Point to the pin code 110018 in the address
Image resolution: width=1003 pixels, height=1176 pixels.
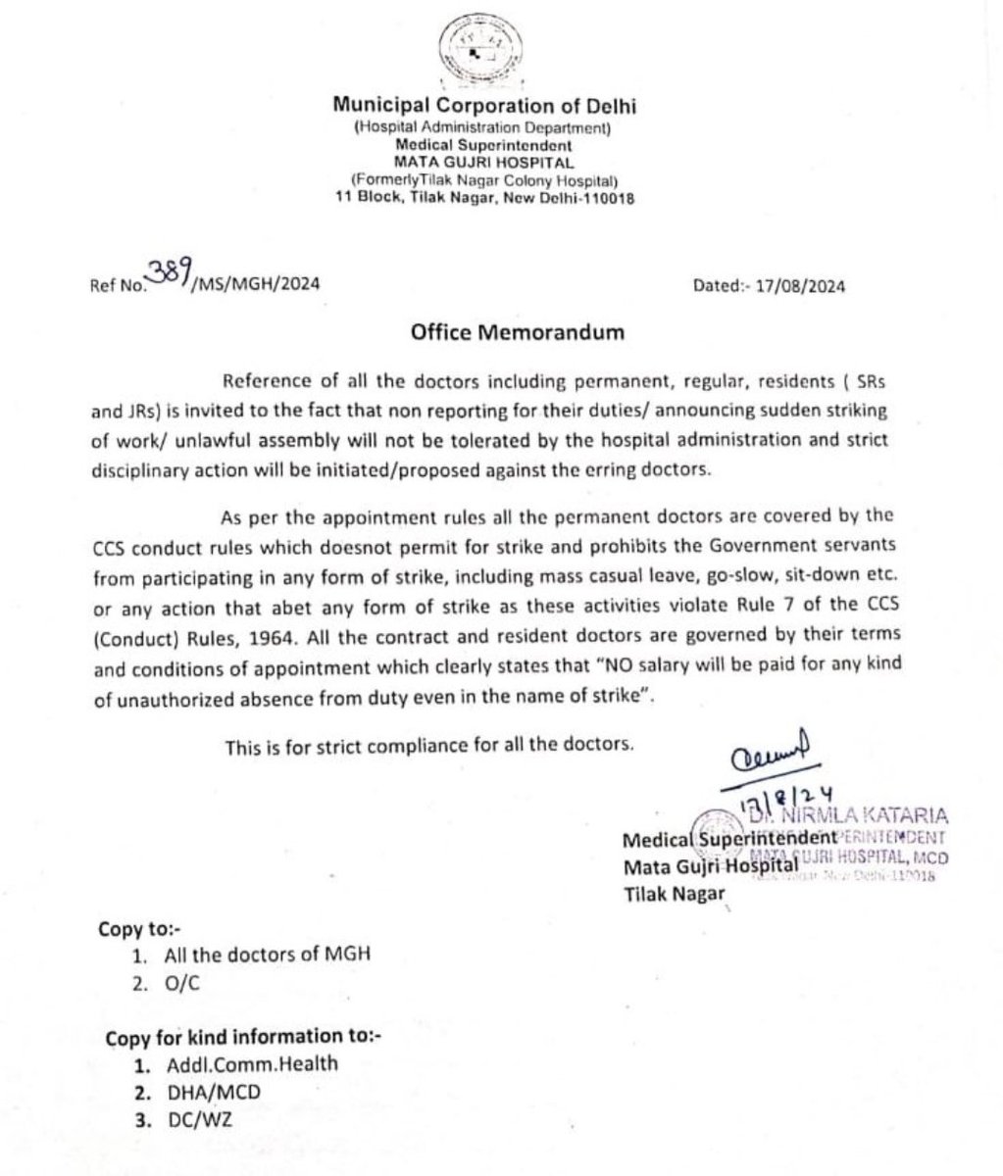[611, 198]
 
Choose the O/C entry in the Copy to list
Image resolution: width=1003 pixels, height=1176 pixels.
[178, 982]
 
